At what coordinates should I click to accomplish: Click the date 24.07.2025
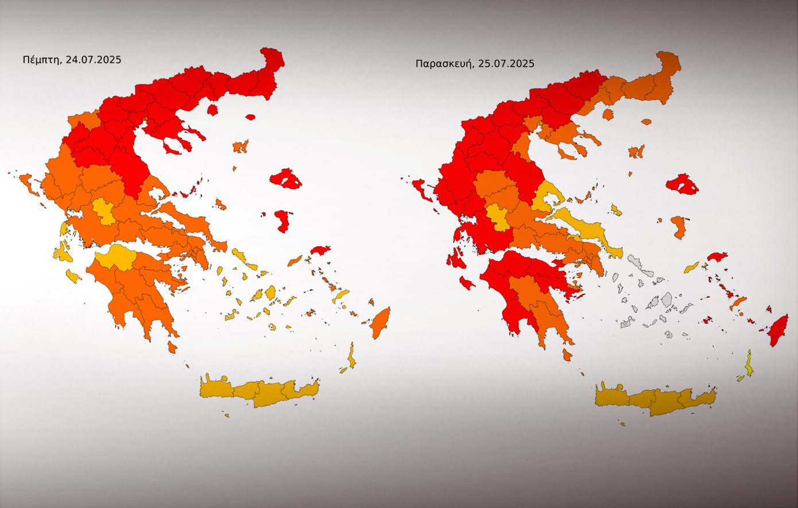tap(93, 59)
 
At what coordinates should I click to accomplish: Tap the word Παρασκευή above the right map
tap(444, 64)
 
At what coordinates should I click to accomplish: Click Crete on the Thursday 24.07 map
tap(258, 391)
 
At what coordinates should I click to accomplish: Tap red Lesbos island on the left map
tap(285, 179)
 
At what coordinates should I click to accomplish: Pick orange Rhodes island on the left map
tap(380, 323)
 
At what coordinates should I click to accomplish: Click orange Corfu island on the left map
tap(26, 183)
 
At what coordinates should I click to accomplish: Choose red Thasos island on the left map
tap(212, 109)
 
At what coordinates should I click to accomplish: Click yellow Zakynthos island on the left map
tap(73, 276)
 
